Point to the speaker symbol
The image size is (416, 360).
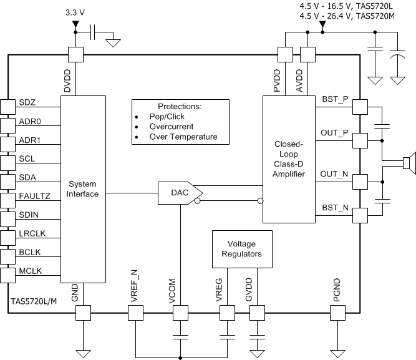[408, 164]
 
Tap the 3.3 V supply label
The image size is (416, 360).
[75, 12]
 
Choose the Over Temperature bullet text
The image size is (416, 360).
[183, 137]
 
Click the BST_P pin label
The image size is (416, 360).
[335, 99]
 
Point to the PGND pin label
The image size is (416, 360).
[337, 291]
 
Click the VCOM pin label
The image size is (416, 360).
[172, 293]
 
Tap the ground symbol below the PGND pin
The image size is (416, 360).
[337, 353]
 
